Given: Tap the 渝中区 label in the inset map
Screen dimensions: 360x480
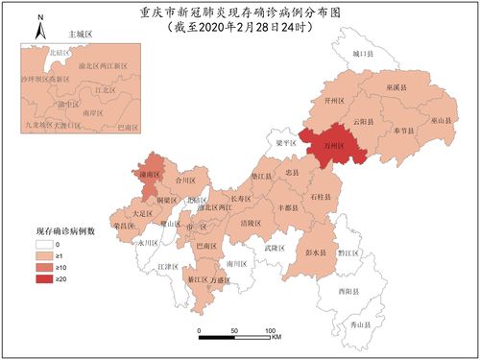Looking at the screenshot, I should tap(67, 104).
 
